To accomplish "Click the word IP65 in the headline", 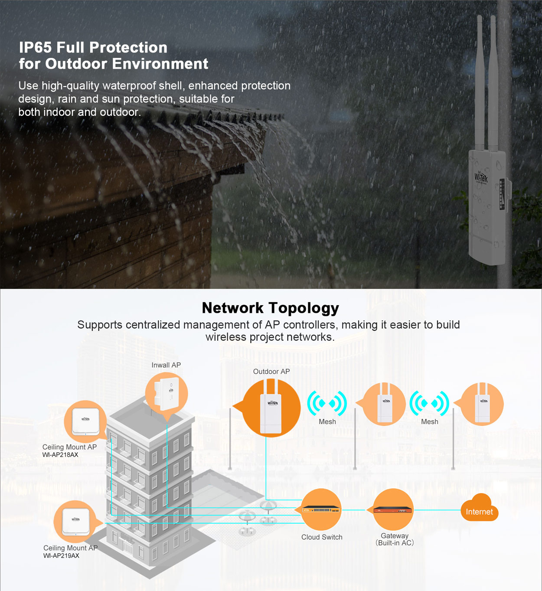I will coord(35,47).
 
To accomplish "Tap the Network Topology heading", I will coord(271,308).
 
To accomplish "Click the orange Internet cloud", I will coord(479,510).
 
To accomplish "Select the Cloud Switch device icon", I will coord(321,509).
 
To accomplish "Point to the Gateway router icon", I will coord(393,509).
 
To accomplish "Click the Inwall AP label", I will coord(166,365).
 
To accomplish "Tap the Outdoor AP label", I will coord(271,372).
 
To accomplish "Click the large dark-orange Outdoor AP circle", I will coord(271,408).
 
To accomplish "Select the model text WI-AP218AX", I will coord(60,455).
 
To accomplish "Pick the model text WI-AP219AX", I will coord(61,556).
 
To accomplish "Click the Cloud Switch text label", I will coord(322,537).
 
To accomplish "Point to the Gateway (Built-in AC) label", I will coord(395,539).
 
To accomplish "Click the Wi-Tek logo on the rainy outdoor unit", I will coord(481,176).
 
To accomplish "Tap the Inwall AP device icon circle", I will coord(167,394).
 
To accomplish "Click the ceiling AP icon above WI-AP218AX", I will coord(85,421).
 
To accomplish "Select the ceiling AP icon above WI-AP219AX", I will coord(75,521).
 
